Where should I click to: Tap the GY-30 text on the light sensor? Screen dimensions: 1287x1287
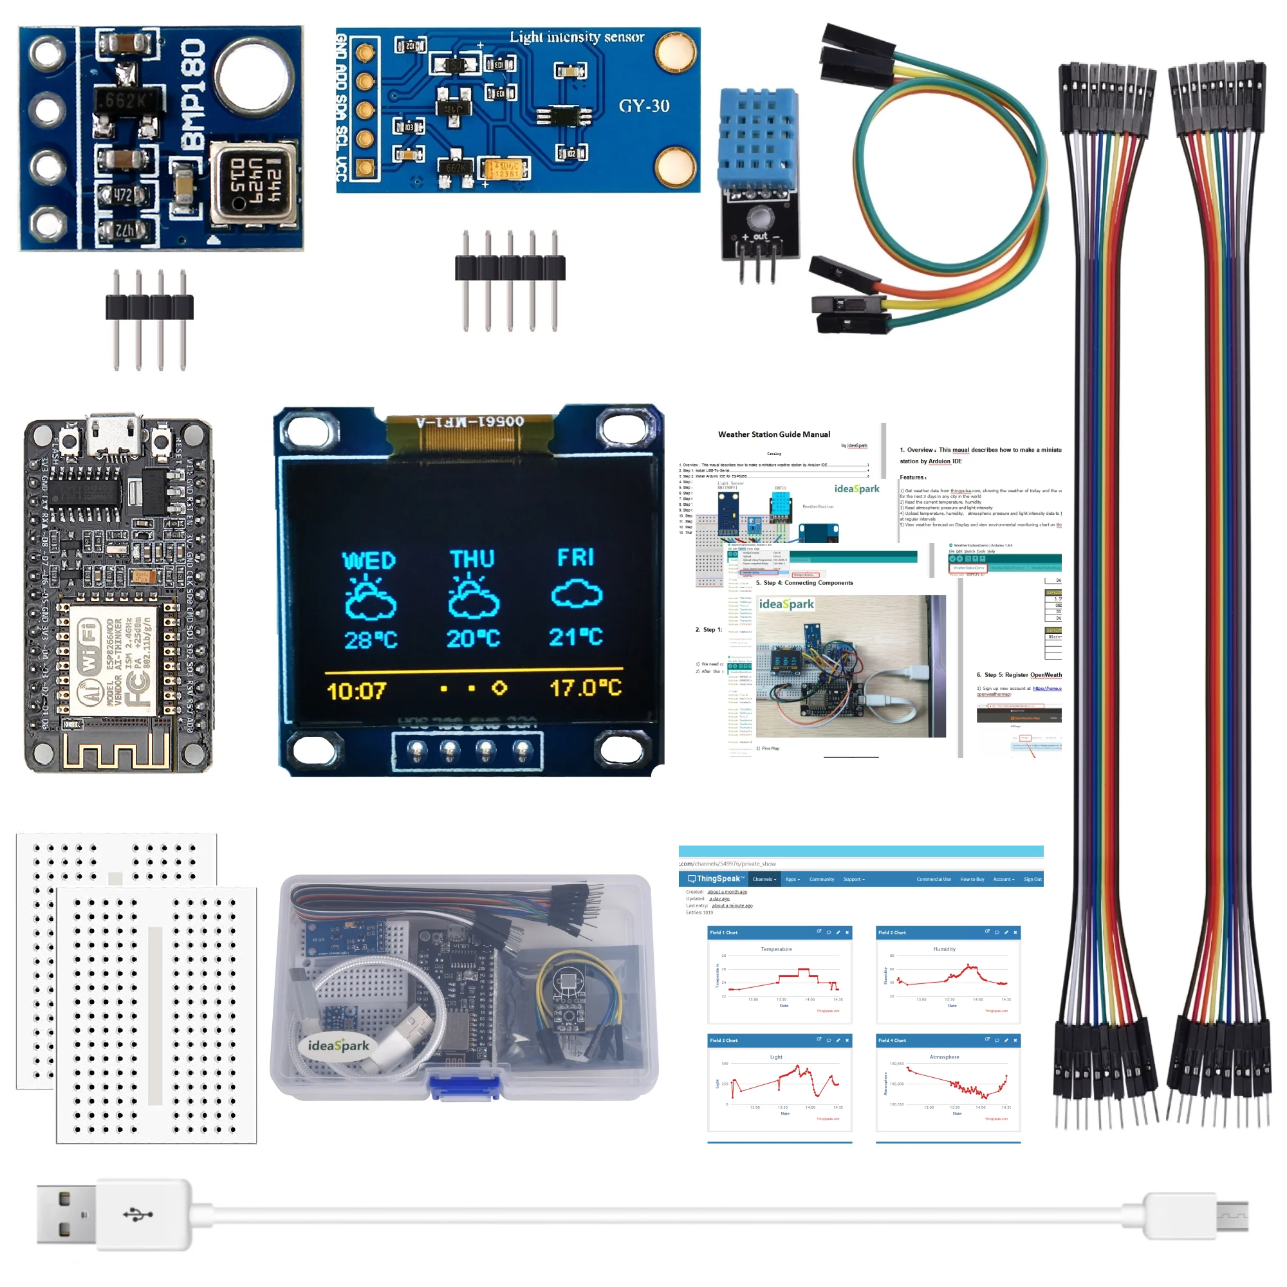[x=643, y=106]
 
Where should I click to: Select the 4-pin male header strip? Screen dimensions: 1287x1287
[x=149, y=308]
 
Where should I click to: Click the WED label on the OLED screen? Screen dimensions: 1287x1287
[x=368, y=560]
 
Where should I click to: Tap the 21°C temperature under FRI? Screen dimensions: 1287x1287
[x=575, y=637]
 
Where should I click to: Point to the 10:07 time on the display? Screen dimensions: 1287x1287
[x=356, y=690]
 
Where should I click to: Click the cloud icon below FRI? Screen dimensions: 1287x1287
[x=577, y=593]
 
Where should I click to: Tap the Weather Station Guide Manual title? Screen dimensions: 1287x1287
[x=773, y=434]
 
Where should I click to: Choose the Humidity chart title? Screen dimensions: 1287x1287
[x=944, y=949]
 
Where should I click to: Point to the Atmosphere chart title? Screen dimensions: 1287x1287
[x=944, y=1057]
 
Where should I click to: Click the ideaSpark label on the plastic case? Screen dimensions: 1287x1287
[x=338, y=1045]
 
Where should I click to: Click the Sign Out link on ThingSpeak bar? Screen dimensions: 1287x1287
[x=1032, y=879]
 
